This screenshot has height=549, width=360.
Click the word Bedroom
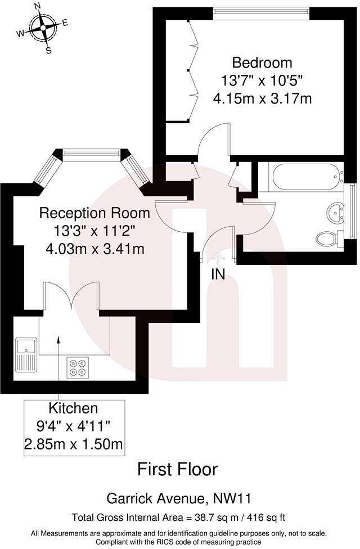click(263, 62)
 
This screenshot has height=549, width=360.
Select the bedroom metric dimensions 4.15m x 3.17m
click(263, 98)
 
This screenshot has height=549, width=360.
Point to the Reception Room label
click(94, 213)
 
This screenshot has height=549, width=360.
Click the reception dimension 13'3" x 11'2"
click(94, 231)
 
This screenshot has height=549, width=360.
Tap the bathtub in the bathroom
click(306, 177)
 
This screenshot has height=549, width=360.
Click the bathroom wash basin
click(337, 212)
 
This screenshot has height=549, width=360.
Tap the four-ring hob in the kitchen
click(77, 367)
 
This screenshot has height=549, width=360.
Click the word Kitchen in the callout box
click(73, 408)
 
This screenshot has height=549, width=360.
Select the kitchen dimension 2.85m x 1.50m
click(74, 444)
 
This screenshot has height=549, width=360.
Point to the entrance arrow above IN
click(219, 258)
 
